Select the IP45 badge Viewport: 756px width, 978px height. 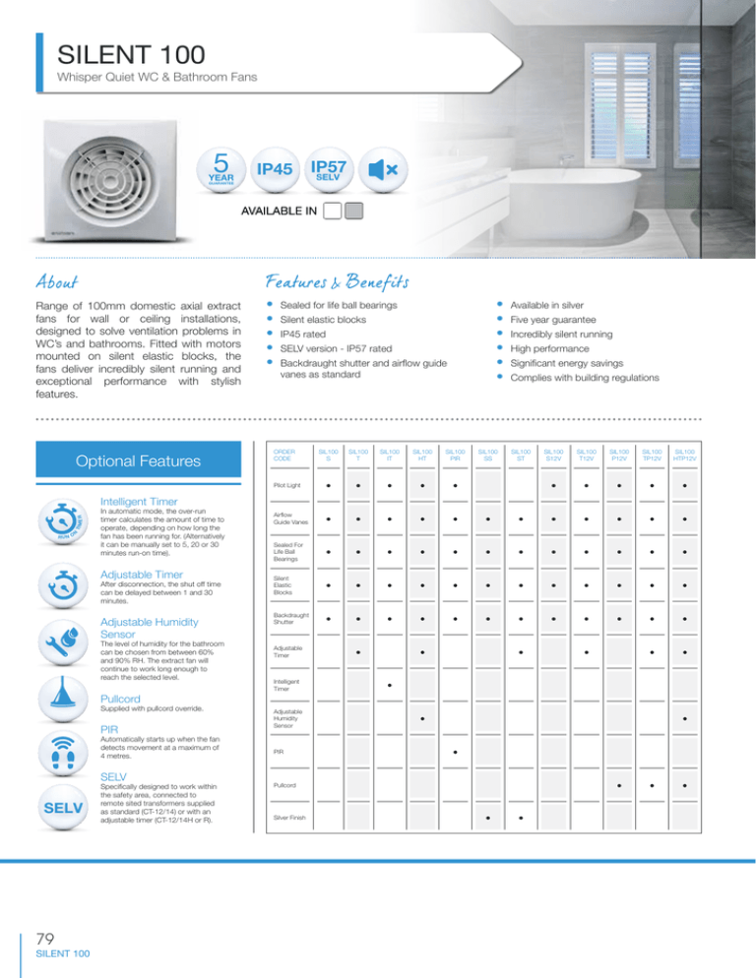[275, 168]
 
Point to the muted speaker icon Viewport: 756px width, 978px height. [382, 168]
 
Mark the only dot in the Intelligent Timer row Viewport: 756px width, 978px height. [390, 685]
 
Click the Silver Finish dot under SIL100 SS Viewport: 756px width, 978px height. [486, 819]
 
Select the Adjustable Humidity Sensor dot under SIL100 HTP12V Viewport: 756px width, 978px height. [684, 718]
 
